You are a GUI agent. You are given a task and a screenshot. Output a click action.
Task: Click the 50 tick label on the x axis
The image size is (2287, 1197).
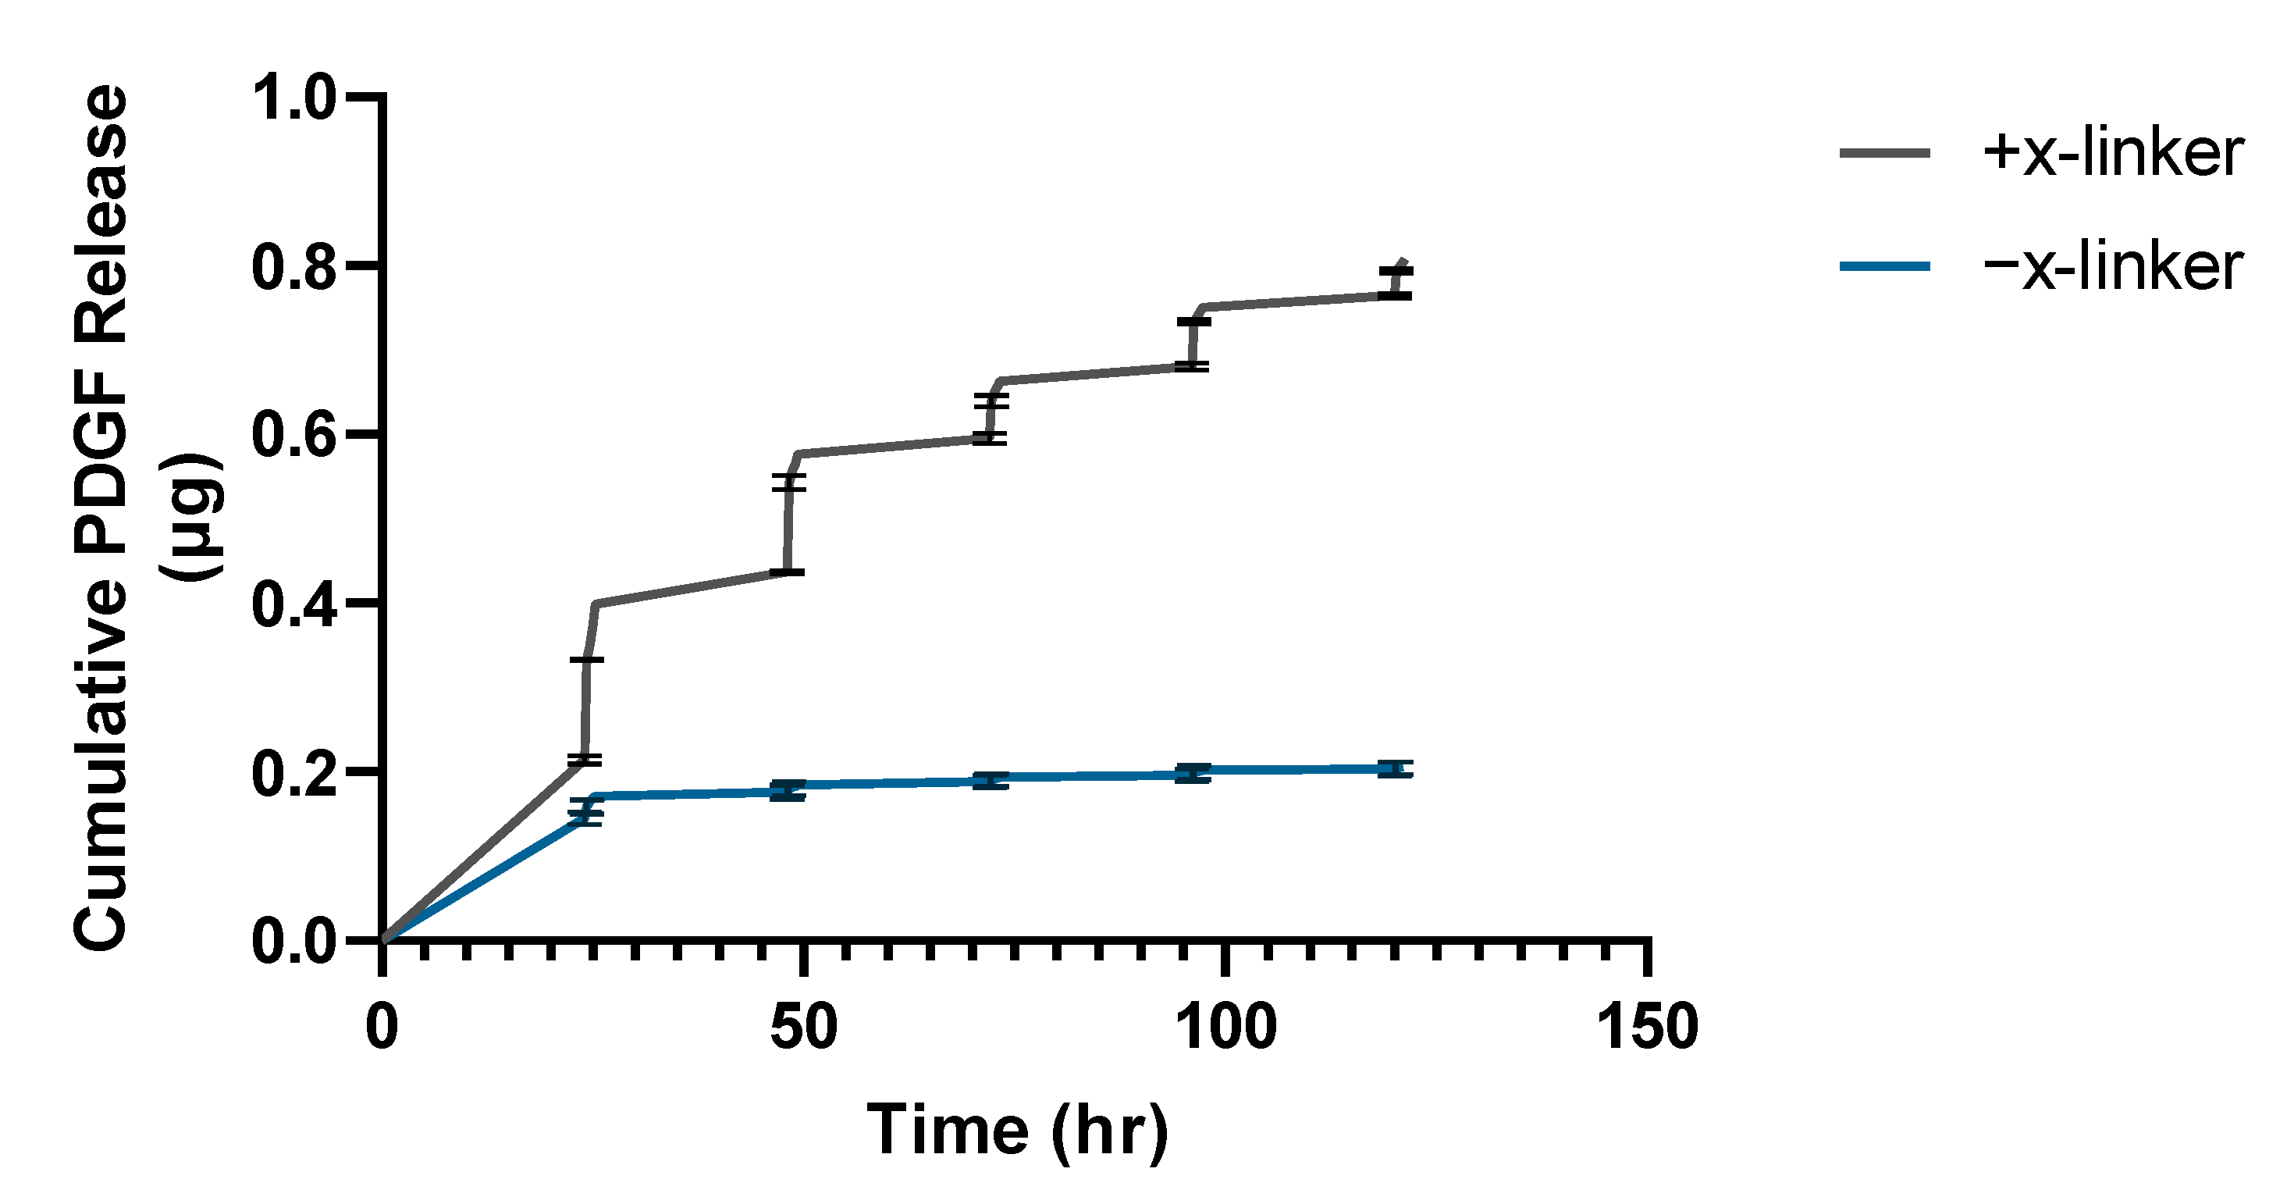pos(803,1027)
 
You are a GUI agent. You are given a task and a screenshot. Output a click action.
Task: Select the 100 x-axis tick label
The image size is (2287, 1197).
pos(1225,1027)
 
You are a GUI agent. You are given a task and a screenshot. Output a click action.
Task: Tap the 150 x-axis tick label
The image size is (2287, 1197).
pos(1647,1027)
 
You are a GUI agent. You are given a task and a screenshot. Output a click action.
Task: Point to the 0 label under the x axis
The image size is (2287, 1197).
pos(382,1027)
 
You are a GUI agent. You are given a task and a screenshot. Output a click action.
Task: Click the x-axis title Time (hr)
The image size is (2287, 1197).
pos(1017,1130)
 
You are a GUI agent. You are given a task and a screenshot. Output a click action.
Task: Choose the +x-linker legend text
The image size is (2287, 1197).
pos(2113,153)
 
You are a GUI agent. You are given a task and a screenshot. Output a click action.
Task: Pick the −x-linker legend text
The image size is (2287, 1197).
pos(2113,265)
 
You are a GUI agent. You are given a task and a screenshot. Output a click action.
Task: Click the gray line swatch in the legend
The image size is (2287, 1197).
pos(1884,153)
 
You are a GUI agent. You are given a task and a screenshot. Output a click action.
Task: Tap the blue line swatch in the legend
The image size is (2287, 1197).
pos(1884,265)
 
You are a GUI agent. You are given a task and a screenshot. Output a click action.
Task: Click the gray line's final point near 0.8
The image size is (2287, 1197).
pos(1404,261)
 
